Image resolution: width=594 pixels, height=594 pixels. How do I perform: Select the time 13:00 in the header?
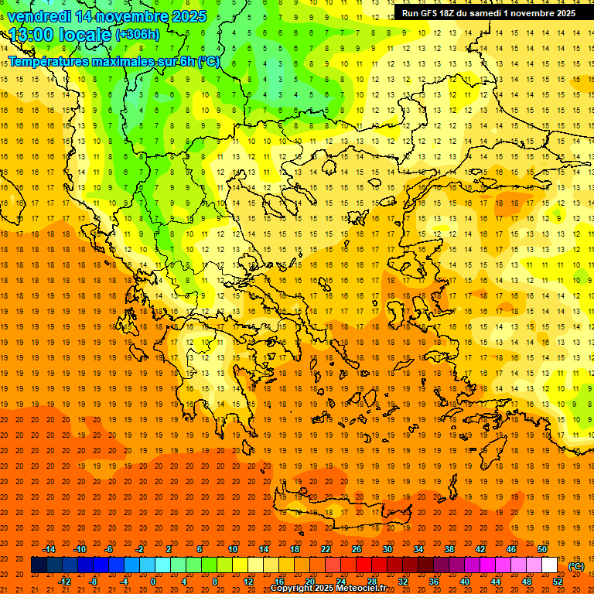(30, 35)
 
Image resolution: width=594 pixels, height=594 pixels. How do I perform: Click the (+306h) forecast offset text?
(137, 35)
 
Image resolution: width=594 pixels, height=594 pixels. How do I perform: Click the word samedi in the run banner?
(497, 13)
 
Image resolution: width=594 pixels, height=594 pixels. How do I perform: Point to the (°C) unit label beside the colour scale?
(575, 566)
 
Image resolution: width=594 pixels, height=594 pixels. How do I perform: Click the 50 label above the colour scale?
(542, 549)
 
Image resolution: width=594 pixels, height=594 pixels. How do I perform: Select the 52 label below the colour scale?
(558, 582)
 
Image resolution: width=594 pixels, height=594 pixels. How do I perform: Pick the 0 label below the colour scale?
(152, 582)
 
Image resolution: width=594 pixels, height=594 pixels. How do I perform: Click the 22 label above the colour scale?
(326, 549)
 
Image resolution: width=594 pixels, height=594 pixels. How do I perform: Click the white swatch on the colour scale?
(550, 565)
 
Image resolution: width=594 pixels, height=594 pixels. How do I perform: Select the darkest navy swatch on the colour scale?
(39, 565)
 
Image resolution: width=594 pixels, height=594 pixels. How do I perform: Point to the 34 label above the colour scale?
(418, 549)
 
